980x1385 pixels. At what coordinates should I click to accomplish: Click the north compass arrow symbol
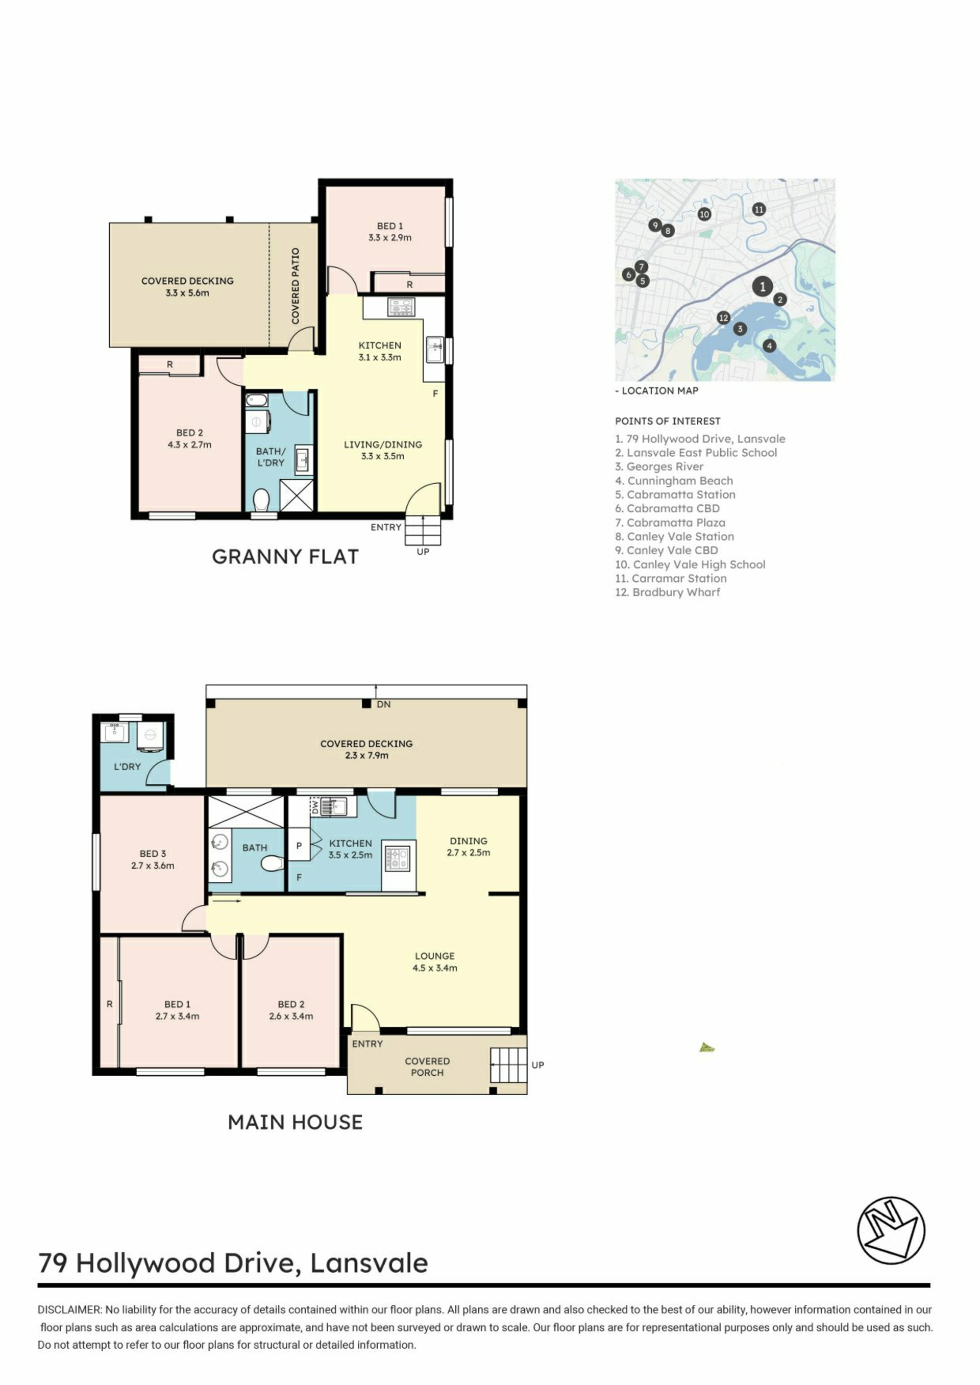pyautogui.click(x=891, y=1230)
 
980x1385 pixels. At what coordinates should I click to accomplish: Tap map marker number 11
pyautogui.click(x=759, y=209)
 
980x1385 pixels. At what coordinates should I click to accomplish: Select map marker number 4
pyautogui.click(x=769, y=345)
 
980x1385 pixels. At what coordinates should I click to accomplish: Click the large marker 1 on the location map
pyautogui.click(x=763, y=286)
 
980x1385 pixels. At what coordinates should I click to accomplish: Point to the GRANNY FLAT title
pyautogui.click(x=285, y=556)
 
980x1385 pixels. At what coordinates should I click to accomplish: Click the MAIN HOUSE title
pyautogui.click(x=295, y=1122)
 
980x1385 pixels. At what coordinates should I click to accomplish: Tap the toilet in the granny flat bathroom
pyautogui.click(x=261, y=500)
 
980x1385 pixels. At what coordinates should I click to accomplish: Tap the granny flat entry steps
pyautogui.click(x=423, y=530)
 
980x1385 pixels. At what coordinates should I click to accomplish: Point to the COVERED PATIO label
pyautogui.click(x=295, y=286)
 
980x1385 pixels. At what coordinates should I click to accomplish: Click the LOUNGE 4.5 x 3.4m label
pyautogui.click(x=434, y=961)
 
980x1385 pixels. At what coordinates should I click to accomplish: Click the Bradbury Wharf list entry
pyautogui.click(x=668, y=592)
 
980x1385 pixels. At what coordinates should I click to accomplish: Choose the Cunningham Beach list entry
pyautogui.click(x=674, y=480)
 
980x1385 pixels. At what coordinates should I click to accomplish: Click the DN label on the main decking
pyautogui.click(x=384, y=704)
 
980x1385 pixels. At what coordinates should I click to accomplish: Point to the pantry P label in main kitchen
pyautogui.click(x=299, y=846)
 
